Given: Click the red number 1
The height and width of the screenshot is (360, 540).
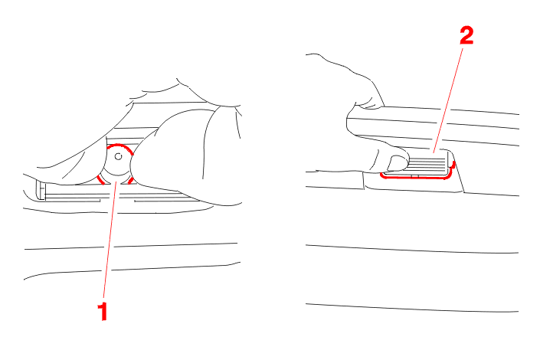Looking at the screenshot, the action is (103, 312).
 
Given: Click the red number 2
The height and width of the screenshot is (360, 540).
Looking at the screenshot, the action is (466, 36).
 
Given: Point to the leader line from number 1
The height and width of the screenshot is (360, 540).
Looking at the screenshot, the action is (110, 238).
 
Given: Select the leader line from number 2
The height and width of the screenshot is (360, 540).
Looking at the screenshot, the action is (447, 100).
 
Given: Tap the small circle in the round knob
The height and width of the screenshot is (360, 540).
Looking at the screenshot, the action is (118, 157).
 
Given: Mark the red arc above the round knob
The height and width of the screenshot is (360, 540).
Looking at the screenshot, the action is (119, 146).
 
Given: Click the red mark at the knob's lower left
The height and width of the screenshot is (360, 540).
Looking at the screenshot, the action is (100, 179).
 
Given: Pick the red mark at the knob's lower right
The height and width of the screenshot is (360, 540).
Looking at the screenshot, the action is (131, 181).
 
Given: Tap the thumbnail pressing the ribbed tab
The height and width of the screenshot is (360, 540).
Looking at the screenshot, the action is (397, 163).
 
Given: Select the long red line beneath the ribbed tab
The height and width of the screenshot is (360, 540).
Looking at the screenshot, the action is (415, 177).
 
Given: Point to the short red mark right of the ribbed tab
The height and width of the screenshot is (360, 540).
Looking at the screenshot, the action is (453, 165).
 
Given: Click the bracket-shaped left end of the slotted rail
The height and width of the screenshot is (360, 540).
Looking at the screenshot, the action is (41, 190).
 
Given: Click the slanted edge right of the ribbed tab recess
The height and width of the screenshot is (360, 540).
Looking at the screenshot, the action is (458, 172).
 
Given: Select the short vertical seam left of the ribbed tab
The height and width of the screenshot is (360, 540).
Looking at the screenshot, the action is (364, 181).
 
